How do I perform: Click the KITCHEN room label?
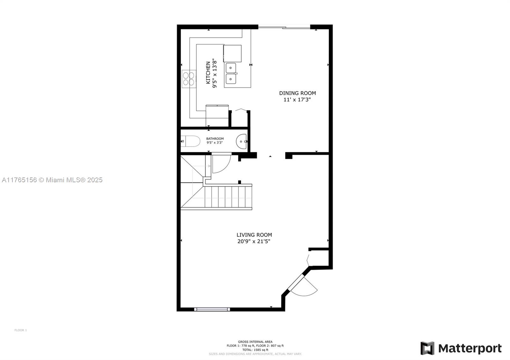pos(208,73)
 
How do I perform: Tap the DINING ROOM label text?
pos(297,93)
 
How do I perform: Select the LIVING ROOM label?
pos(254,235)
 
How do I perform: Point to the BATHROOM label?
pos(215,139)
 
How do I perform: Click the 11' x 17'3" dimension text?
pos(297,100)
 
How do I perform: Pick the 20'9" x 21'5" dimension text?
pos(254,241)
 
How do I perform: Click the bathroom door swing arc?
pos(221,163)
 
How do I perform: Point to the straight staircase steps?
pos(228,197)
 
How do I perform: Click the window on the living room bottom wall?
pos(212,309)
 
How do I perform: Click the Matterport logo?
pos(461,348)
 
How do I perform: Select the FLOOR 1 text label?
pos(21,330)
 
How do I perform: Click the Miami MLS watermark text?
pos(52,180)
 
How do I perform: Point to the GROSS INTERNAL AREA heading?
pos(255,342)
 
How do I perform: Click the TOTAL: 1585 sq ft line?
pos(255,349)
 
